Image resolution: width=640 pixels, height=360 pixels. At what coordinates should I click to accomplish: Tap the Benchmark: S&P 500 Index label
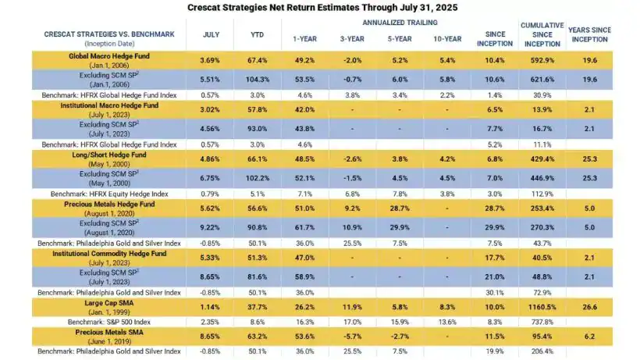108,321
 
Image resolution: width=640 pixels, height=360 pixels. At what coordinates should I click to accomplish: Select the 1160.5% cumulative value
541,305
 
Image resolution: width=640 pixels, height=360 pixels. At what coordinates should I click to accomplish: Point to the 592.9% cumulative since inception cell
541,60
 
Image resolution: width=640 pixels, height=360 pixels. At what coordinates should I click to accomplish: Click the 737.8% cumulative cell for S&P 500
541,321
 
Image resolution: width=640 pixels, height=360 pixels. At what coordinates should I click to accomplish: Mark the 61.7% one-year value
304,226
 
